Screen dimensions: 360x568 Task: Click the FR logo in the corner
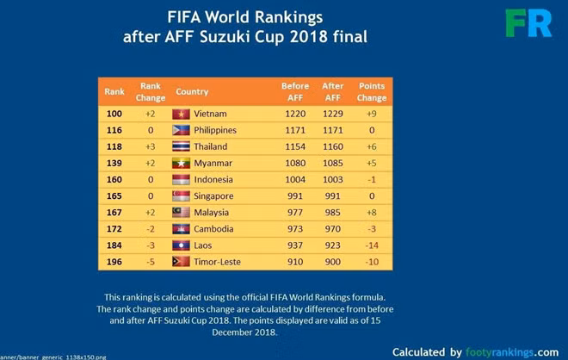point(528,23)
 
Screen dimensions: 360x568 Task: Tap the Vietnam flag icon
point(181,114)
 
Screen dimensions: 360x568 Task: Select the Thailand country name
point(211,146)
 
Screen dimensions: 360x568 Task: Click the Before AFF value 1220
point(294,114)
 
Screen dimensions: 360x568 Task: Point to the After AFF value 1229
point(332,114)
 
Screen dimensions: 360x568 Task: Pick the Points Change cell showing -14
point(372,245)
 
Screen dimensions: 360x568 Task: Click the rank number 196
point(114,262)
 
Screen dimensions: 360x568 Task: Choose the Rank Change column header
point(151,91)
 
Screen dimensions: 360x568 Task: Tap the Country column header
point(192,91)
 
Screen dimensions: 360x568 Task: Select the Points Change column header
point(372,91)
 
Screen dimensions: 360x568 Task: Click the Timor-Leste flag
point(181,262)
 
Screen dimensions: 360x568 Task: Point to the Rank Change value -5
point(150,262)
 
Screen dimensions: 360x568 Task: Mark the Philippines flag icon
point(181,130)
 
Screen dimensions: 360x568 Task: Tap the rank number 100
point(114,114)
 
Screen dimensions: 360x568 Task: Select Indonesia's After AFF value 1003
point(332,180)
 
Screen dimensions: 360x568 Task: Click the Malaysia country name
point(212,213)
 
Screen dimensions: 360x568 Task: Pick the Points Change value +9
point(372,114)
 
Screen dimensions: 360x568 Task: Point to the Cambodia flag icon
point(181,229)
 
